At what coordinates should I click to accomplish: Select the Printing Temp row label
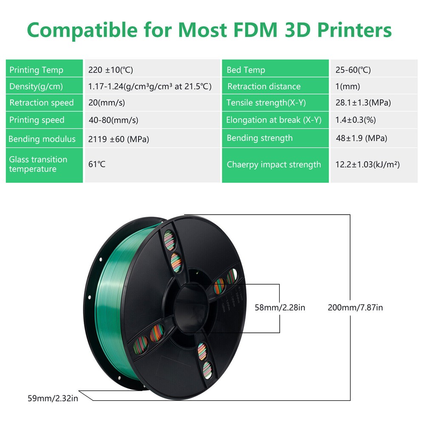[36, 70]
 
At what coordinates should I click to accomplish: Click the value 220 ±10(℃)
[110, 70]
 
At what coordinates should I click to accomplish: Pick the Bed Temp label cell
[246, 70]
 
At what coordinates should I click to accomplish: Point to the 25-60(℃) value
[353, 70]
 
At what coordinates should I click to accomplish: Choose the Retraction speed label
[41, 103]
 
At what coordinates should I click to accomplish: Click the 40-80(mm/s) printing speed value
[113, 120]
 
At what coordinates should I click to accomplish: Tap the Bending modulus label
[42, 139]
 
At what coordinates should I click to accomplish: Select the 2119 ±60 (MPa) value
[119, 139]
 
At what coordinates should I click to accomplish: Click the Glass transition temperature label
[38, 164]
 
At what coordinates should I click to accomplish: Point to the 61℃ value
[97, 164]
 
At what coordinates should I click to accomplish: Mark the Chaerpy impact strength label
[274, 164]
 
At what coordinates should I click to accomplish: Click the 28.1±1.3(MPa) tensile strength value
[363, 103]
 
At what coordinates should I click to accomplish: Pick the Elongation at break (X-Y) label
[274, 120]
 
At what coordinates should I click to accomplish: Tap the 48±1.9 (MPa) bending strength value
[361, 138]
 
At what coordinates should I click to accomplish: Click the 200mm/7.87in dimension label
[355, 307]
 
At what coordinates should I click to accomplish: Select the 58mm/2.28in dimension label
[280, 307]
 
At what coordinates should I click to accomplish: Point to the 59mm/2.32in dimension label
[53, 398]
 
